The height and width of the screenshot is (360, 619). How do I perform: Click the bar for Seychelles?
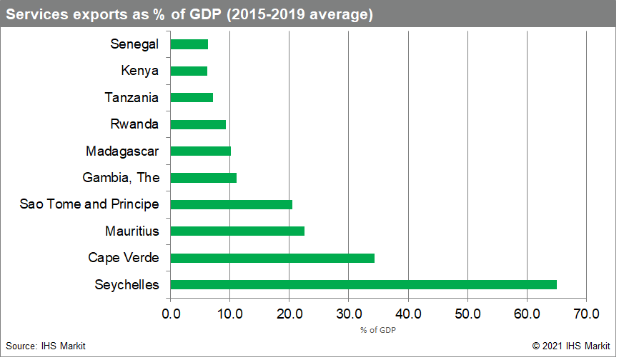tap(363, 284)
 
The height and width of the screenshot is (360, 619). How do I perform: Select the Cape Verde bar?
tap(272, 258)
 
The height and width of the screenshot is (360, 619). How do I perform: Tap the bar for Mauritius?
tap(237, 231)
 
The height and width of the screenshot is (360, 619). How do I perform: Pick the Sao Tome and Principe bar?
tap(232, 204)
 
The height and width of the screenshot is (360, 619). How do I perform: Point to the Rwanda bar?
tap(198, 124)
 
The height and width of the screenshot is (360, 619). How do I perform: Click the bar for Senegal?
tap(189, 44)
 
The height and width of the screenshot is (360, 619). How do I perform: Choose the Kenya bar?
tap(189, 71)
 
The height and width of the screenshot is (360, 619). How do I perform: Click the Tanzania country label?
tap(132, 98)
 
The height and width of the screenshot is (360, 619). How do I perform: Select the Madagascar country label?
tap(122, 151)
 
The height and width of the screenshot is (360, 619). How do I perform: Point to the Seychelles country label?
tap(127, 285)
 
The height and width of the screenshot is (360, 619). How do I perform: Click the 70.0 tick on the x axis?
tap(585, 313)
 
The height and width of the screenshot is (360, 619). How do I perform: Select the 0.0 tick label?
tap(171, 313)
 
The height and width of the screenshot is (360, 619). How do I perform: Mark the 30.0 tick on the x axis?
tap(348, 313)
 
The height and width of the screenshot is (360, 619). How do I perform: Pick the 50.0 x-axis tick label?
tap(467, 313)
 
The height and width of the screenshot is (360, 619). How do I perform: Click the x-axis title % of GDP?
tap(378, 330)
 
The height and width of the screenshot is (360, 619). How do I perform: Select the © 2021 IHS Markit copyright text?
tap(570, 346)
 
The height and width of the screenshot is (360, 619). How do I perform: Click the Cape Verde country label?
tap(123, 258)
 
